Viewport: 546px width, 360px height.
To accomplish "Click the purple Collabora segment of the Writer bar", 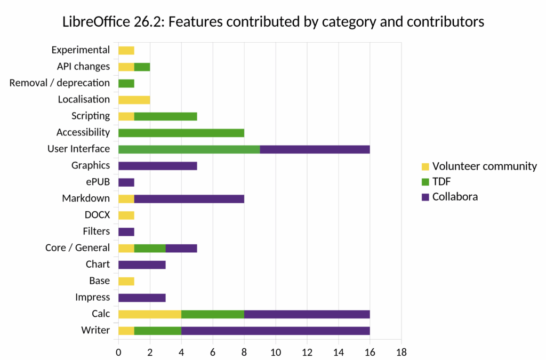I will [x=275, y=331].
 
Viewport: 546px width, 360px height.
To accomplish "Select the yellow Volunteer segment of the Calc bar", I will [x=150, y=314].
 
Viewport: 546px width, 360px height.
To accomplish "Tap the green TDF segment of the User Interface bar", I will [x=189, y=149].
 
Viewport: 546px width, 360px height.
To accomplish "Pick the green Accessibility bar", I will [x=181, y=132].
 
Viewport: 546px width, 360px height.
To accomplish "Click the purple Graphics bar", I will [x=158, y=165].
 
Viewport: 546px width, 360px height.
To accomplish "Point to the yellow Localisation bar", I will [x=134, y=99].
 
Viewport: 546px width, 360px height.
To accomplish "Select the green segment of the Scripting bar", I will [x=165, y=116].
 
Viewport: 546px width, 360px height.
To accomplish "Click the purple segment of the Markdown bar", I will [x=189, y=198].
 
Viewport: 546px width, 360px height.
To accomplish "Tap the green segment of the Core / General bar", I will [x=150, y=248].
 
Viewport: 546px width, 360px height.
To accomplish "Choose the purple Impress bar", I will [x=142, y=298].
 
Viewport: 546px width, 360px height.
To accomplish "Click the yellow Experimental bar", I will [x=126, y=50].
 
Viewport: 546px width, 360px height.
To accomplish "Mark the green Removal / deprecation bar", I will [x=126, y=83].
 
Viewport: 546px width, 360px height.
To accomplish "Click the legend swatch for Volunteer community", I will [x=425, y=166].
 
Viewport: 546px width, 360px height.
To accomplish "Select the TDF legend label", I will [x=441, y=181].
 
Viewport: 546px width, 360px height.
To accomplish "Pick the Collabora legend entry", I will [x=455, y=197].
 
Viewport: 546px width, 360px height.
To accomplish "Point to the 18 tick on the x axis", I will [x=402, y=352].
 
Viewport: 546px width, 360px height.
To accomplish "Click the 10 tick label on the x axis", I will [x=276, y=352].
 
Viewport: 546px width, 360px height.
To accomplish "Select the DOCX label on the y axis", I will [x=97, y=215].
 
